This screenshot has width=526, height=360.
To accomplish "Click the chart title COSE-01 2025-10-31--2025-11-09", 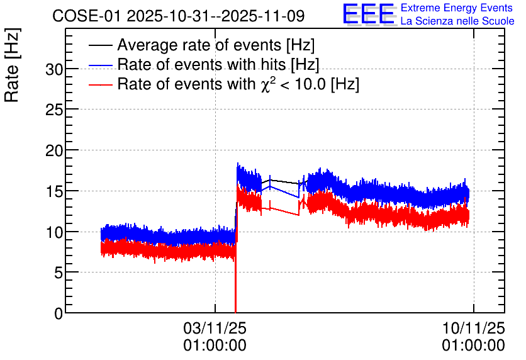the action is click(179, 16).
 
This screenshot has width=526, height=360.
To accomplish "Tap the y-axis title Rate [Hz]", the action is click(12, 65).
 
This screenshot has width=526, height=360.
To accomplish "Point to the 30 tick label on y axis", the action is click(54, 69).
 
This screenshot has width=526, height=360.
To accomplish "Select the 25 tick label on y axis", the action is click(54, 110).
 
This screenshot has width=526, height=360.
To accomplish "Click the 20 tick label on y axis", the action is click(54, 150).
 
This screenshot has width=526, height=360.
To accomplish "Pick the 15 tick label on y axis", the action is click(54, 191).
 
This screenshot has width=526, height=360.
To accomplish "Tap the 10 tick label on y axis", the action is click(54, 232).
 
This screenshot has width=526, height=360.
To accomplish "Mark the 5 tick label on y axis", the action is click(59, 273).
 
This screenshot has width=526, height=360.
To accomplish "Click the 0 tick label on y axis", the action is click(59, 313).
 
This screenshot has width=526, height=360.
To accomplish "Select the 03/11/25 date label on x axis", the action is click(215, 328).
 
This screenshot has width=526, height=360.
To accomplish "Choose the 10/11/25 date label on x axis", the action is click(473, 328).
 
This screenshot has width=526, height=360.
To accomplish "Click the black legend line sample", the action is click(100, 45).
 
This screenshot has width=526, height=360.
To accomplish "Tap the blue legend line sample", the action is click(100, 65).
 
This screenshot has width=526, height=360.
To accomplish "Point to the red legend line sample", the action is click(100, 84).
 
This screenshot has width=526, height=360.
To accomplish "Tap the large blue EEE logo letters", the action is click(368, 14).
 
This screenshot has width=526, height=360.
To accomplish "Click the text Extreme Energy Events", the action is click(457, 8).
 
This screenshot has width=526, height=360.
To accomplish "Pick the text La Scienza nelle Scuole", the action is click(457, 21).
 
